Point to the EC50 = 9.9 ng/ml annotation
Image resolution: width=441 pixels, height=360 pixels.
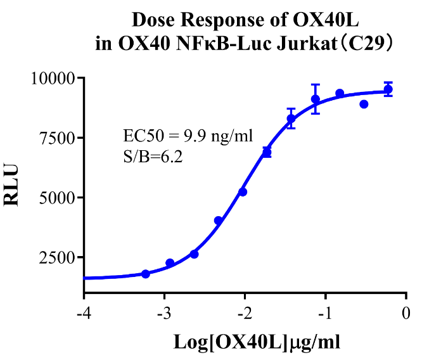coord(188,136)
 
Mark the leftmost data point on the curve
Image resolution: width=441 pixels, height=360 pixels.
coord(146,274)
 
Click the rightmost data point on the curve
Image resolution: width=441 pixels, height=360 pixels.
coord(388,89)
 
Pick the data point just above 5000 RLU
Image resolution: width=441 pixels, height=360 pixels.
coord(243,191)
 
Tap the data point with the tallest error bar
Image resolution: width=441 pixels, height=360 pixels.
coord(316,99)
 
